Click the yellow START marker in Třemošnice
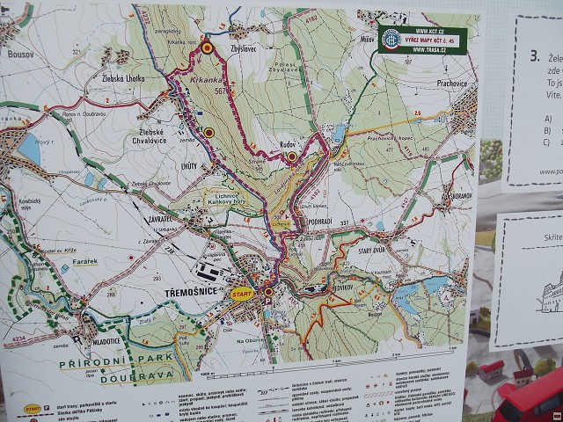(241, 295)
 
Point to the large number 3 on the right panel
(534, 55)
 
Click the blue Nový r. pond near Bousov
(29, 151)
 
